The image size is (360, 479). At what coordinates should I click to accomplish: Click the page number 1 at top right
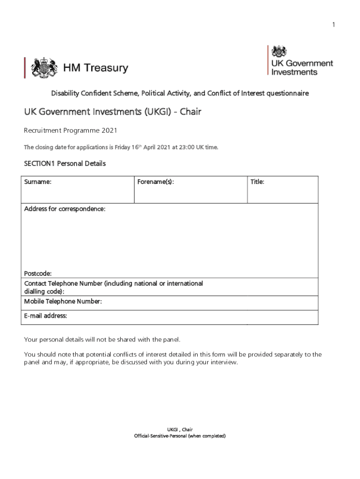tap(334, 25)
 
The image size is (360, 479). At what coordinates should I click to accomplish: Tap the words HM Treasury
tap(95, 68)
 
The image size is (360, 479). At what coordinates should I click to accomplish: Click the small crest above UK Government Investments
tap(280, 51)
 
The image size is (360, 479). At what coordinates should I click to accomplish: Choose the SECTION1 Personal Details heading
tap(65, 164)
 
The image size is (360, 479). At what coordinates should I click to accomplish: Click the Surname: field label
tap(38, 182)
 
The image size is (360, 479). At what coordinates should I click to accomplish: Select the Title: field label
tap(257, 182)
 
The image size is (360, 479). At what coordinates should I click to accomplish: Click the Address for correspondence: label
tap(65, 209)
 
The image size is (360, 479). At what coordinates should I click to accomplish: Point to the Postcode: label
tap(38, 273)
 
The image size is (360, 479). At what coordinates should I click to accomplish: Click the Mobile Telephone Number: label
tap(63, 302)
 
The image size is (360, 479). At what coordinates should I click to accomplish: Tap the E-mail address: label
tap(46, 316)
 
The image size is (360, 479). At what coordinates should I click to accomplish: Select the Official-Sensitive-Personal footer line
tap(180, 436)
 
